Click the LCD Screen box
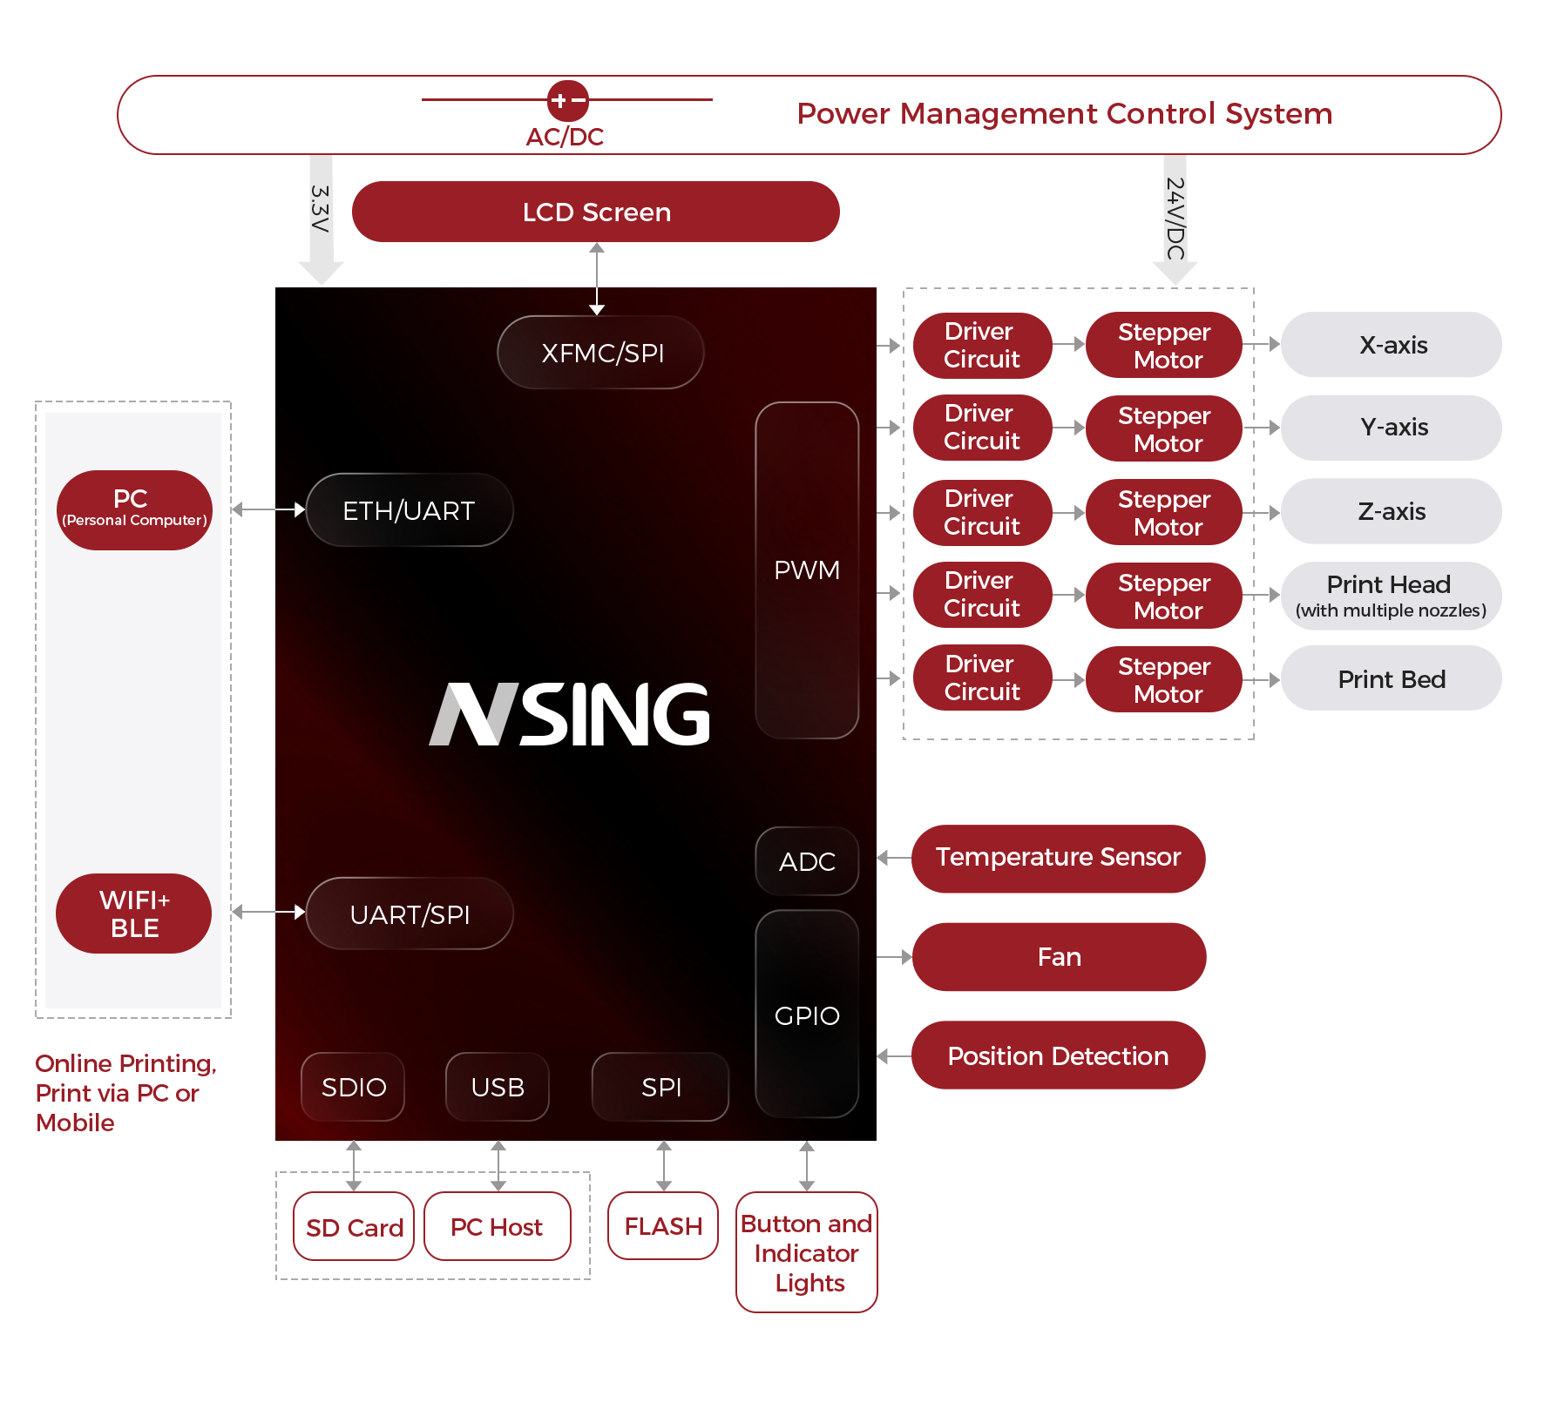click(596, 212)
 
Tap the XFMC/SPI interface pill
click(600, 353)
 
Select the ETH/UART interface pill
click(410, 510)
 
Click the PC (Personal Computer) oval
click(134, 510)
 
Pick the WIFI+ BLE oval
click(134, 914)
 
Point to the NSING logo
click(570, 714)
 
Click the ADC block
click(807, 861)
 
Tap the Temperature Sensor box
click(1058, 859)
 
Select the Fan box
click(1059, 957)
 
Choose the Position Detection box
click(1058, 1055)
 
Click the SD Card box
click(354, 1227)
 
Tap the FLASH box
click(663, 1226)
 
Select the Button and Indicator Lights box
click(807, 1252)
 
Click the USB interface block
click(498, 1087)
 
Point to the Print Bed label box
click(1391, 678)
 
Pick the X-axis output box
click(1391, 345)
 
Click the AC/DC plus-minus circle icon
click(567, 101)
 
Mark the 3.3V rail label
click(321, 209)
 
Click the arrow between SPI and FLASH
click(664, 1166)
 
